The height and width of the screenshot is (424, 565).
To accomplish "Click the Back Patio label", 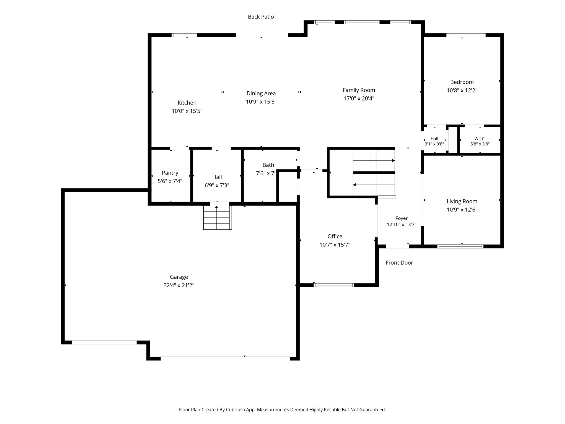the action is pyautogui.click(x=261, y=17).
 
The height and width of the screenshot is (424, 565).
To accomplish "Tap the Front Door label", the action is pyautogui.click(x=399, y=263).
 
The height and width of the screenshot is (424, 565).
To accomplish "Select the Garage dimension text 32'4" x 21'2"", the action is pyautogui.click(x=179, y=285).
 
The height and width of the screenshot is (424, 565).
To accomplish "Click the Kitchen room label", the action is pyautogui.click(x=187, y=103).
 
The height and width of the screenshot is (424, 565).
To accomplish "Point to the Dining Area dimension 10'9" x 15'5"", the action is pyautogui.click(x=261, y=102).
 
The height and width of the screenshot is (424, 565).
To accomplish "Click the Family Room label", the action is pyautogui.click(x=359, y=90).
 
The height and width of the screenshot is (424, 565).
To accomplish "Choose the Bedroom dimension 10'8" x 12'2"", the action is pyautogui.click(x=462, y=90).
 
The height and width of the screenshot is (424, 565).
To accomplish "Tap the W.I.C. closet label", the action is pyautogui.click(x=480, y=139).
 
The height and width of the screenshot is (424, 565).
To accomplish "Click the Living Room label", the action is pyautogui.click(x=462, y=202).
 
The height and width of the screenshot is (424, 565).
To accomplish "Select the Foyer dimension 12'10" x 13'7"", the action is pyautogui.click(x=401, y=225).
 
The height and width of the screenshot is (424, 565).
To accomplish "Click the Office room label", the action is pyautogui.click(x=335, y=236).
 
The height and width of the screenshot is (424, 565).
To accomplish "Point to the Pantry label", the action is pyautogui.click(x=170, y=173).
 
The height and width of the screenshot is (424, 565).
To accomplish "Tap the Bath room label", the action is pyautogui.click(x=268, y=165).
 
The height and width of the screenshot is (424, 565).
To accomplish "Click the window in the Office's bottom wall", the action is pyautogui.click(x=334, y=285).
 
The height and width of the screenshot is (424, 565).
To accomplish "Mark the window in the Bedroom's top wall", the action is pyautogui.click(x=466, y=35).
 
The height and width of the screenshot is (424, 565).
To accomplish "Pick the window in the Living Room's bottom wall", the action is pyautogui.click(x=460, y=247).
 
